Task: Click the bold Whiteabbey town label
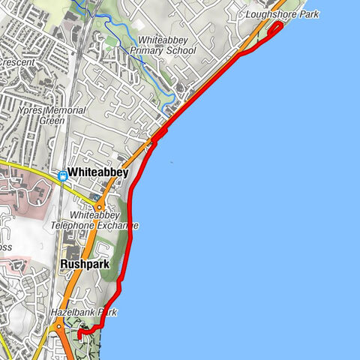[97, 172]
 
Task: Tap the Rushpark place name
[85, 265]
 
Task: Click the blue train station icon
[62, 175]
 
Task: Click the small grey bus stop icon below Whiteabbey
[96, 197]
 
